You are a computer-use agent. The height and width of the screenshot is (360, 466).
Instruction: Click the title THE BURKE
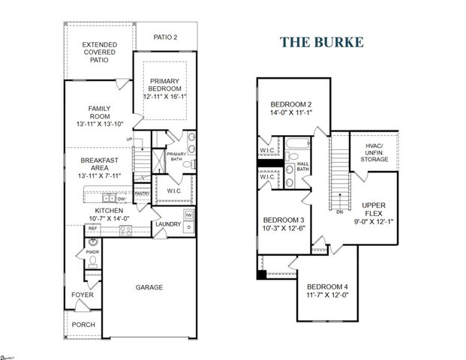click(x=322, y=42)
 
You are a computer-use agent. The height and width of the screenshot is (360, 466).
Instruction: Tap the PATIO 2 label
click(x=165, y=36)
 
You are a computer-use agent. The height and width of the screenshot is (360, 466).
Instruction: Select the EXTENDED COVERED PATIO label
click(x=100, y=52)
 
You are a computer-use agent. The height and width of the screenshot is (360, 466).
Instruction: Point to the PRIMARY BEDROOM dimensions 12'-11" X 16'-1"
click(x=169, y=97)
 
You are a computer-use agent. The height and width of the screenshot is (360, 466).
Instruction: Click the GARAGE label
click(x=149, y=287)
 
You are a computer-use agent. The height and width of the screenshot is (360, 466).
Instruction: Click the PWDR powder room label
click(x=92, y=253)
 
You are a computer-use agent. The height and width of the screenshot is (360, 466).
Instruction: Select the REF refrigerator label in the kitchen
click(x=92, y=228)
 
